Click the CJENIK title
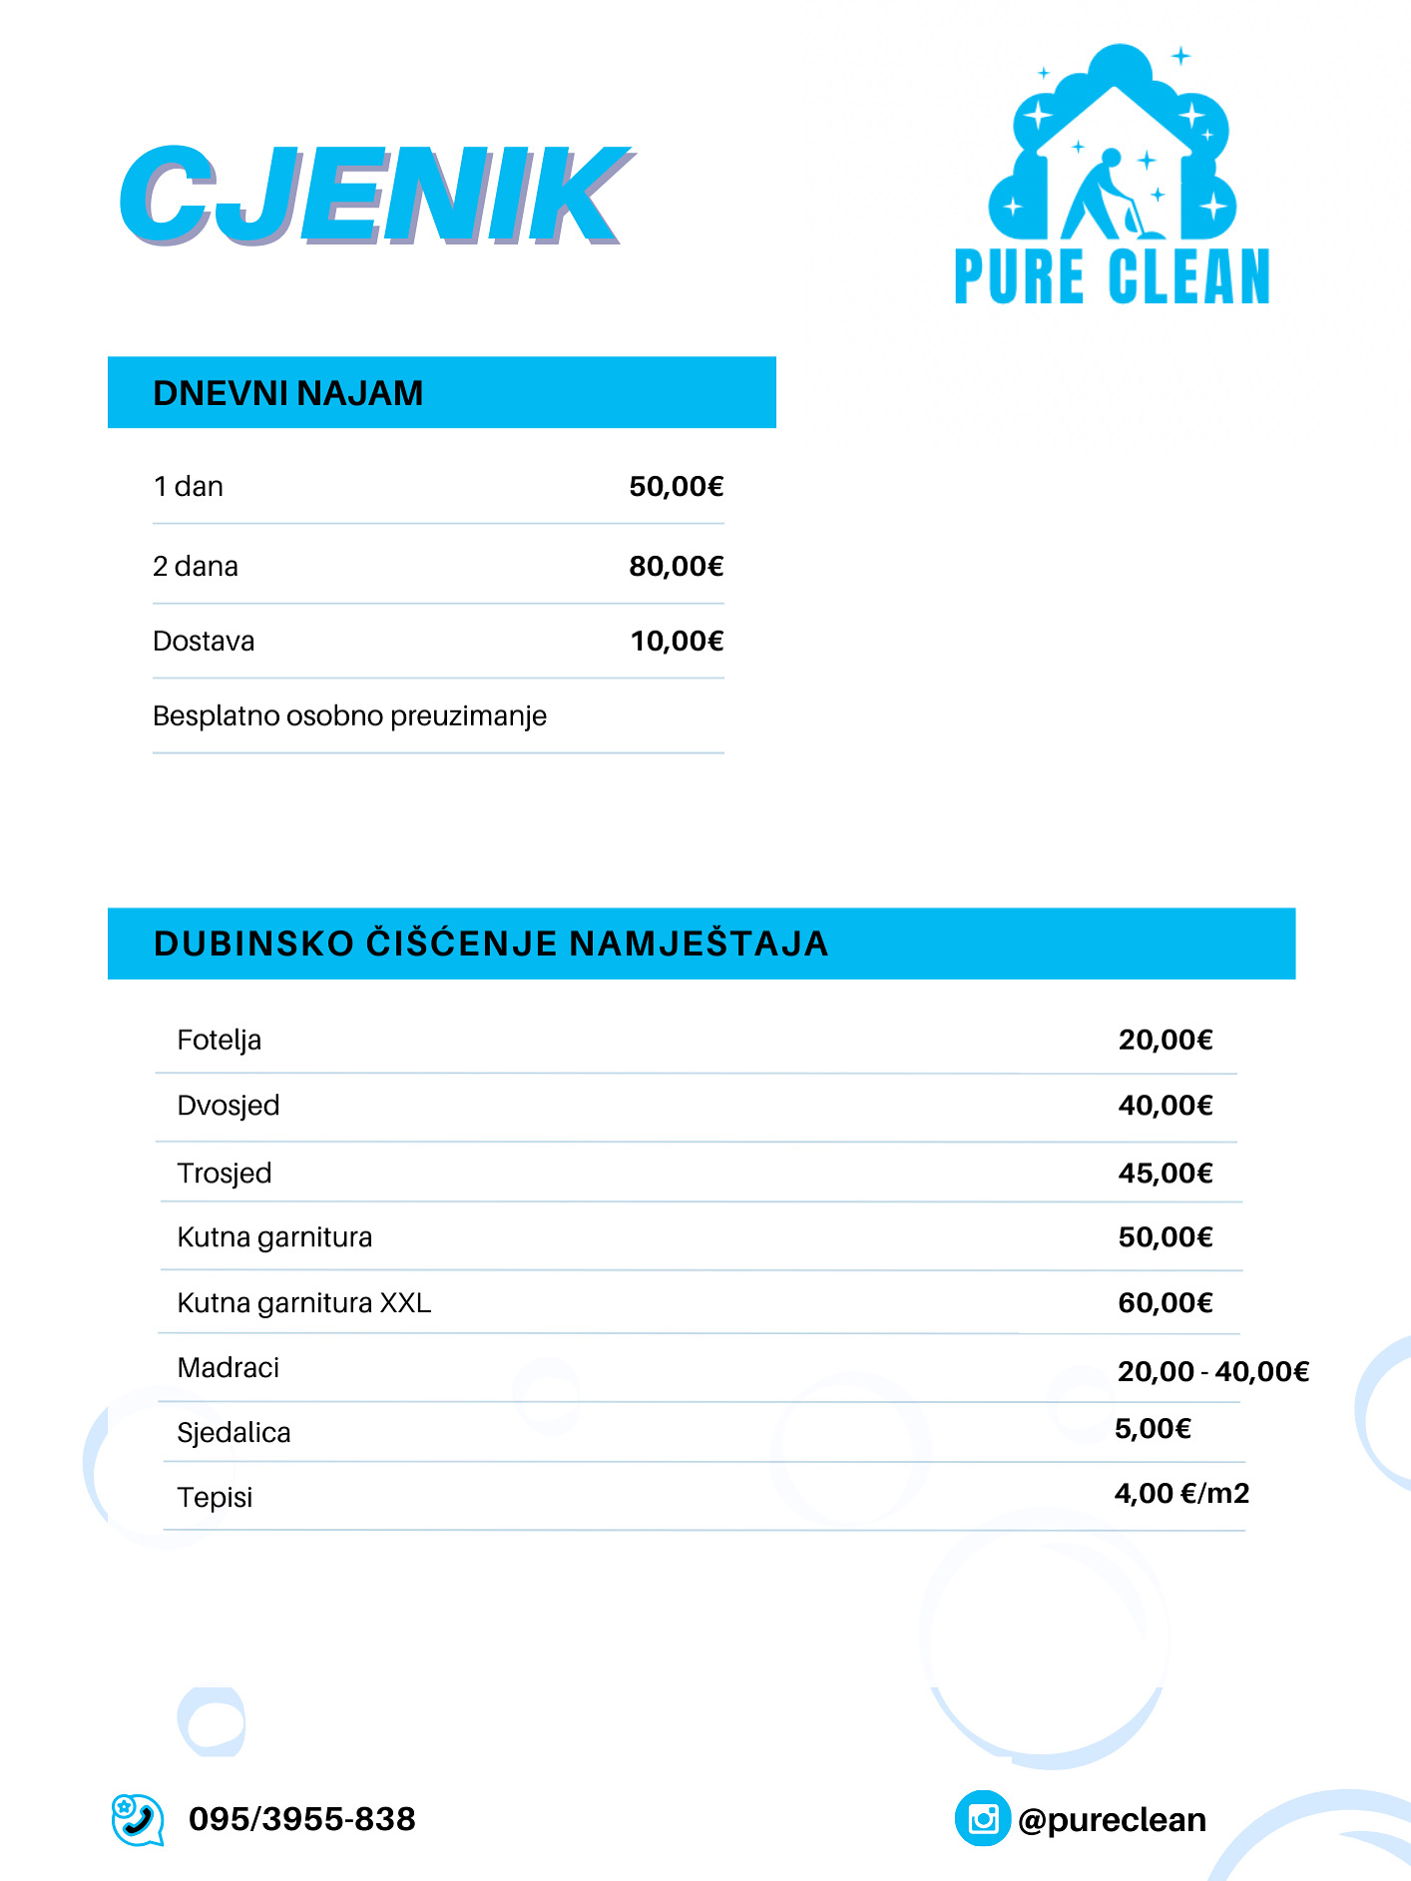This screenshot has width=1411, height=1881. pos(374,195)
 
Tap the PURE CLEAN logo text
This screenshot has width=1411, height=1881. pos(1112,276)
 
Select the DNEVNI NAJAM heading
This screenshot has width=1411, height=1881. pos(288,393)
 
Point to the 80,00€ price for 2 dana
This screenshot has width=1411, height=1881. pos(676,567)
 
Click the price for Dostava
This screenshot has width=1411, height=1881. pos(677,641)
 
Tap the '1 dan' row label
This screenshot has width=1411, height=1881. pos(188,487)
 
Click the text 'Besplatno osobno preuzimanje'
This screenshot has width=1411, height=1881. pos(349,715)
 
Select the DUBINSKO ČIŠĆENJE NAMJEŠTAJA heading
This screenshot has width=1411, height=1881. pos(491,944)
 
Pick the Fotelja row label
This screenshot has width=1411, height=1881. pos(219,1040)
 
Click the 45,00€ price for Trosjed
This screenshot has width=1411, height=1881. pos(1165,1174)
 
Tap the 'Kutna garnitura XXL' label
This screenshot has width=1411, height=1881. pos(303,1303)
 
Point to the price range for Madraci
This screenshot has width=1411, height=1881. pos(1212,1372)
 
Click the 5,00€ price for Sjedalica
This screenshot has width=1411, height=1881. pos(1153,1429)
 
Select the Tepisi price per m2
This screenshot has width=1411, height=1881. pos(1181,1494)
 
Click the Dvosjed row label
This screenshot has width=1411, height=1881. pos(228,1106)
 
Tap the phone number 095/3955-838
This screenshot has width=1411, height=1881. pos(301,1819)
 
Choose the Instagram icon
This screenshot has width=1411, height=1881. pos(983,1819)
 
